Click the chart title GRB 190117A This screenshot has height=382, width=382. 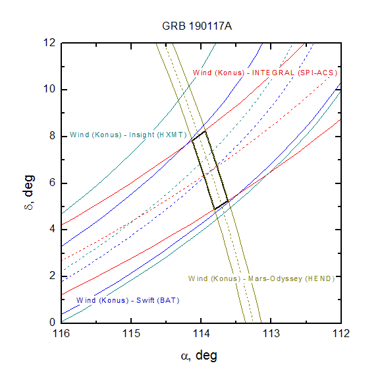coord(197,26)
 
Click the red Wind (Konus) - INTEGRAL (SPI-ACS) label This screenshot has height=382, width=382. coord(265,73)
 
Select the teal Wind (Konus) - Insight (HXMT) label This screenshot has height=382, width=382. coord(128,135)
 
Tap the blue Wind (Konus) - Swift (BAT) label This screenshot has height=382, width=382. coord(128,300)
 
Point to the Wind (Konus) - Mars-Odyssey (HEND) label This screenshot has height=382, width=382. coord(261,278)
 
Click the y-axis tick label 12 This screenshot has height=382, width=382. coord(49,42)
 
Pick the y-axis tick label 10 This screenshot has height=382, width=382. coord(49,89)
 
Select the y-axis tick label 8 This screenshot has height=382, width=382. coord(53,136)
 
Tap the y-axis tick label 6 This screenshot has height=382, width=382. coord(53,183)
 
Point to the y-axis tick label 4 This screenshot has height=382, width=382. coord(53,229)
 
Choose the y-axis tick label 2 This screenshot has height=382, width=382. coord(53,276)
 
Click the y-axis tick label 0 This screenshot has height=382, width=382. coord(53,323)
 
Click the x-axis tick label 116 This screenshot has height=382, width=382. coord(61,333)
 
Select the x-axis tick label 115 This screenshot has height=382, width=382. coord(131,333)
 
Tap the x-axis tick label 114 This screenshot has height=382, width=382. coord(202,333)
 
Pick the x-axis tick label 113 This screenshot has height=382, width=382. coord(271,333)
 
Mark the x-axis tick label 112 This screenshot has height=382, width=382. coord(341,333)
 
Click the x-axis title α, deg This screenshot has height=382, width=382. coord(199,356)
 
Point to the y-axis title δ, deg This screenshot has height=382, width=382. coord(29,193)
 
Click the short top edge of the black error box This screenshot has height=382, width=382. coord(199,135)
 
